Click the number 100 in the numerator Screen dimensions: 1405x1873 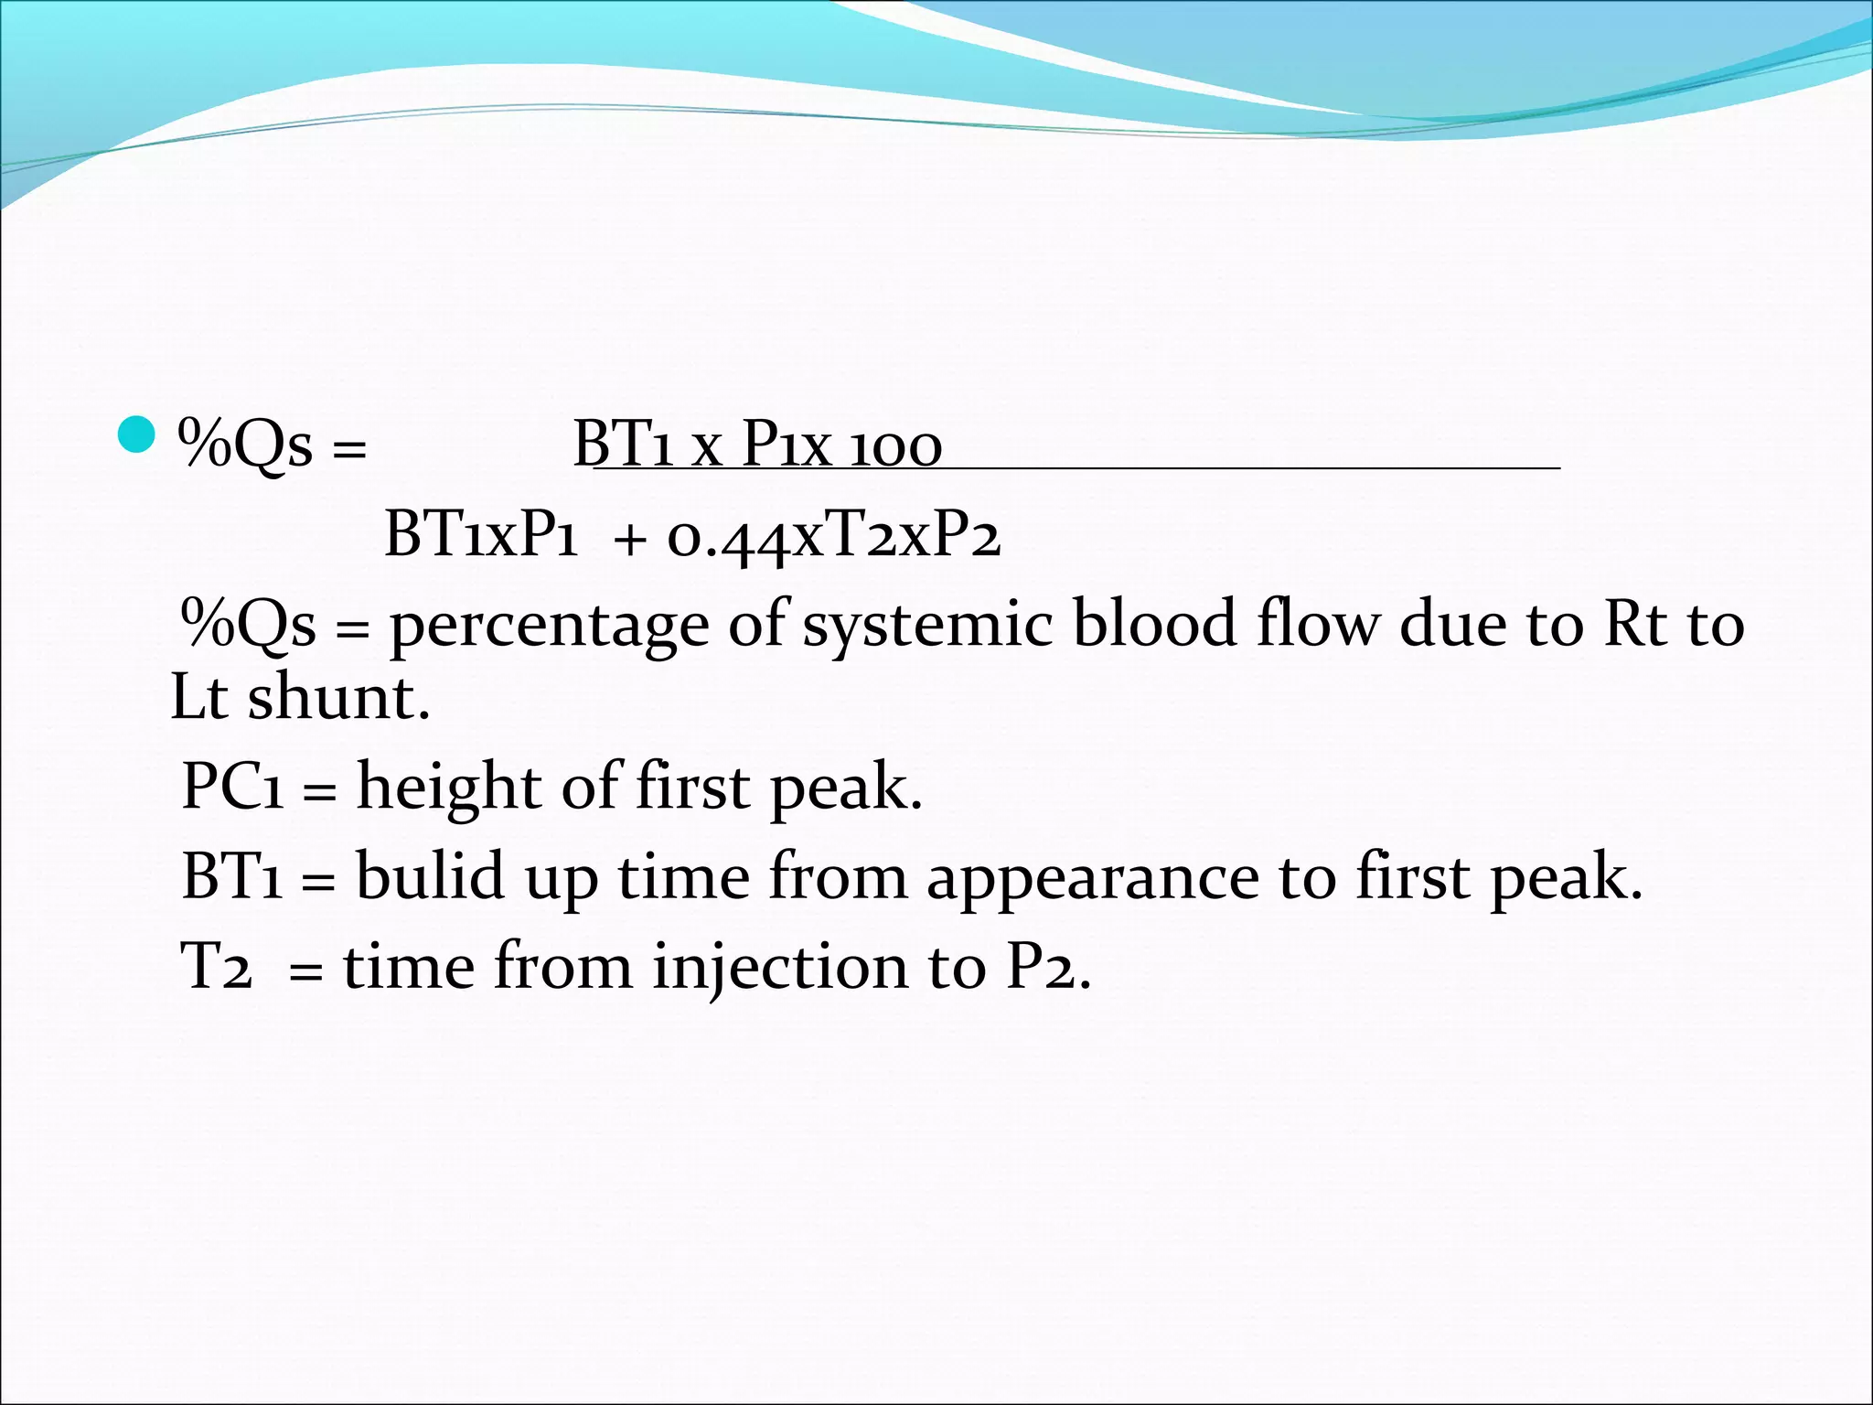point(895,446)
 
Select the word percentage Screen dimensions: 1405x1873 point(549,627)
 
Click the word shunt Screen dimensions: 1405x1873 point(337,699)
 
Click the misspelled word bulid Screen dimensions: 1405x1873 point(429,875)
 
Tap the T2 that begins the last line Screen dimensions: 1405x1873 point(216,966)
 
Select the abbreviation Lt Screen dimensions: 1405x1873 point(198,699)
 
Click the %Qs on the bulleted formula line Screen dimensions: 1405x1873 point(246,446)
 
